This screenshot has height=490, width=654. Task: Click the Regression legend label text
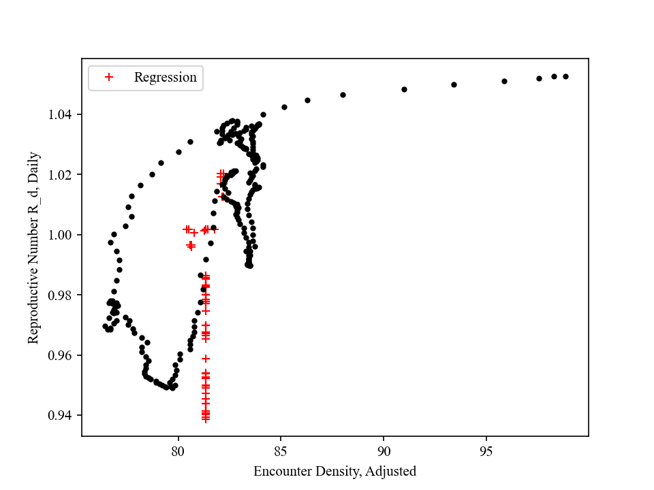click(x=165, y=78)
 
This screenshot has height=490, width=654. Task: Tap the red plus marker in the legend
click(x=108, y=78)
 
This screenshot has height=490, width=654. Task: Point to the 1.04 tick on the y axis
click(x=63, y=114)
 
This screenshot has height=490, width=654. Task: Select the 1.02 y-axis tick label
click(x=63, y=175)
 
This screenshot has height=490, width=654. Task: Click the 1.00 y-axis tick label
click(x=63, y=235)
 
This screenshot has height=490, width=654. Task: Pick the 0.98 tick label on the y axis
click(x=63, y=295)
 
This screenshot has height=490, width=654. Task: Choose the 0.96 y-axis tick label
click(x=63, y=355)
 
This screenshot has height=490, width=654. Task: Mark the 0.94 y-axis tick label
click(x=63, y=416)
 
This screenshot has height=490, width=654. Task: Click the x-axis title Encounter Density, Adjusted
click(x=334, y=471)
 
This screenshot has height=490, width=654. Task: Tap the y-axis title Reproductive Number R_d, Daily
click(x=33, y=248)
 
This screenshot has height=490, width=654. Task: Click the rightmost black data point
click(x=565, y=76)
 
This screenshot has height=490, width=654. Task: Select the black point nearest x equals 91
click(x=404, y=89)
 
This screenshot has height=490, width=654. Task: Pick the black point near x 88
click(x=343, y=95)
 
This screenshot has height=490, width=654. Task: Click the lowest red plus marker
click(x=206, y=419)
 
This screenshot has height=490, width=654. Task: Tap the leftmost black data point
click(x=105, y=326)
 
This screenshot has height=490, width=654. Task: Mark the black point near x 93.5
click(x=454, y=84)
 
